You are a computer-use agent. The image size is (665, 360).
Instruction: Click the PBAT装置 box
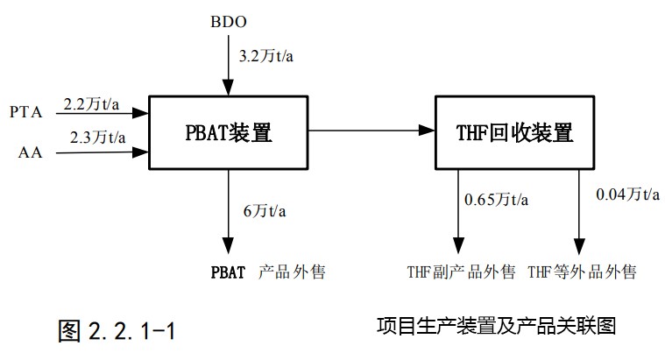coord(229,133)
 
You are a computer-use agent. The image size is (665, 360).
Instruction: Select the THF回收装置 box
coord(514,133)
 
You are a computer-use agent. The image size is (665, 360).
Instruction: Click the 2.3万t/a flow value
coord(96,138)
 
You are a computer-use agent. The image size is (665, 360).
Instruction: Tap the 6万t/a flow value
coord(265,212)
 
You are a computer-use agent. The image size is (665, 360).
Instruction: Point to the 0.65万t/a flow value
coord(496,199)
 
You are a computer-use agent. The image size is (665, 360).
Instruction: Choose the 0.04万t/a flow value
coord(626,194)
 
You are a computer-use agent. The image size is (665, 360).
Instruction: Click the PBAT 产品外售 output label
coord(267,272)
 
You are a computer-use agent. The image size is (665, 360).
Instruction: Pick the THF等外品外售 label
coord(582,272)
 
